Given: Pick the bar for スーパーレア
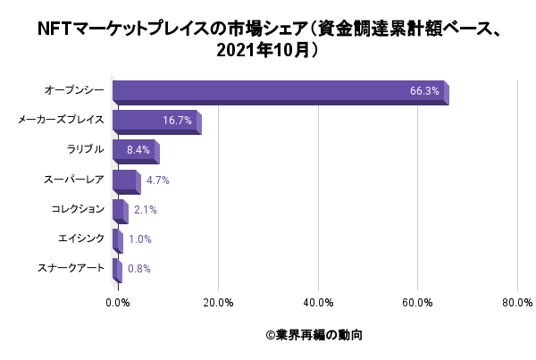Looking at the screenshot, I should point(125,180).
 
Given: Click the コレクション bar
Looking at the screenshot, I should point(119,210).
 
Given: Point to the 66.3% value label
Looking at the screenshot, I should point(424,91).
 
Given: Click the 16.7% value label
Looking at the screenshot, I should point(177,121).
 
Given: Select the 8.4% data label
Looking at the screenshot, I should point(138,150).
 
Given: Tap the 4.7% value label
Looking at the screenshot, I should point(157,180).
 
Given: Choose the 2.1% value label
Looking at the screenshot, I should point(145,210).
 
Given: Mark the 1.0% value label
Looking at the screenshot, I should point(139,239).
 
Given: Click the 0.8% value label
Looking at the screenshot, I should point(138,268).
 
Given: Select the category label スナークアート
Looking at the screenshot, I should point(71,267).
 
